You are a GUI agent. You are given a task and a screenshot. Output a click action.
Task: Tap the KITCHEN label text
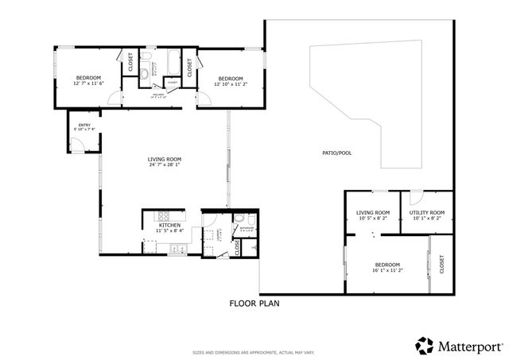[x=169, y=226]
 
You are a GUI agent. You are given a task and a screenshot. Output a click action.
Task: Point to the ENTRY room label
[x=84, y=124]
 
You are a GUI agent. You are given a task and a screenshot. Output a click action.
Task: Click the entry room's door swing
[x=77, y=144]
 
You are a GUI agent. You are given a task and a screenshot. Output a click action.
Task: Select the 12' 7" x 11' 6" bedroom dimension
[x=88, y=83]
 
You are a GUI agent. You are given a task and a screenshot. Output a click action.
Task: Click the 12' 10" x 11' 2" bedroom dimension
[x=230, y=83]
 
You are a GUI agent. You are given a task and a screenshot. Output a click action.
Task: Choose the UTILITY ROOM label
[x=426, y=212]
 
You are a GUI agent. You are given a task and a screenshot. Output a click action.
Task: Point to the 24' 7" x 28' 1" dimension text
[x=165, y=165]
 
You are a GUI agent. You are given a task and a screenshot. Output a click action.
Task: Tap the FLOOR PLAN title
[x=254, y=303]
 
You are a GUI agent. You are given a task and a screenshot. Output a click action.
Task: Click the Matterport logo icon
[x=424, y=345]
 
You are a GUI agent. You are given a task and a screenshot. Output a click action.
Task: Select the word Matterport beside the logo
[x=467, y=346]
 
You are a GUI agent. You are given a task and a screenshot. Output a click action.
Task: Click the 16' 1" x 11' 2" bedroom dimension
[x=387, y=270]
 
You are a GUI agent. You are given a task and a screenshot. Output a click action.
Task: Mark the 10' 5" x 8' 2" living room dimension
[x=372, y=218]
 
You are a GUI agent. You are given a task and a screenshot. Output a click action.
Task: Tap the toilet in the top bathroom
[x=144, y=74]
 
